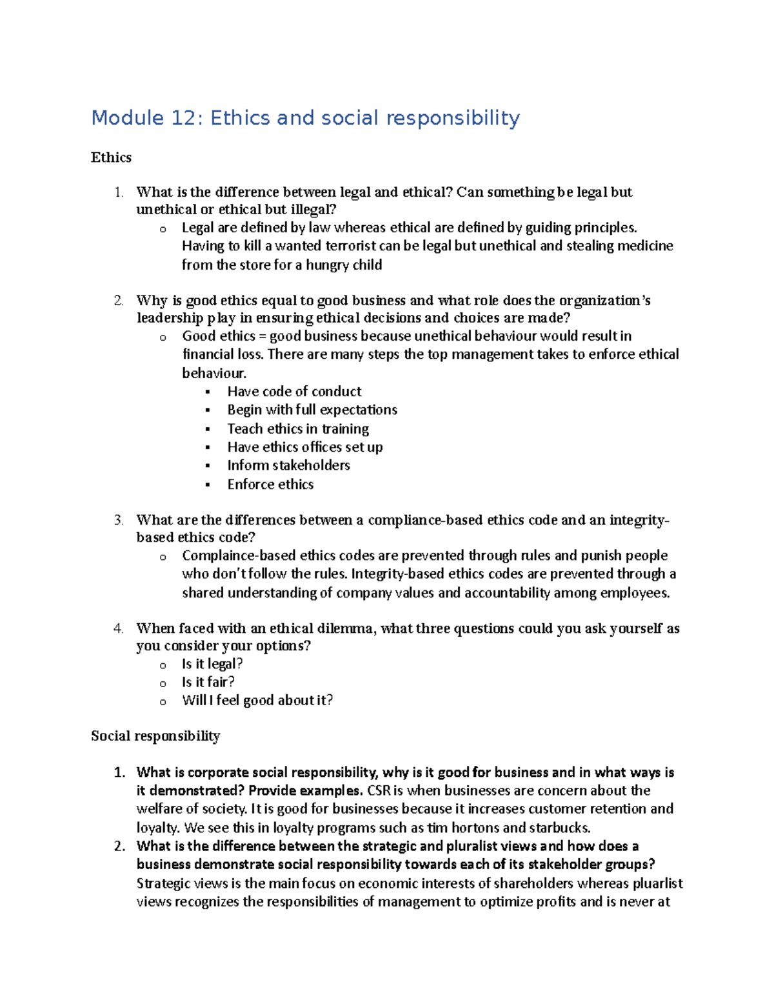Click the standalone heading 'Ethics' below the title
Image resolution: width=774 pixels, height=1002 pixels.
[x=111, y=157]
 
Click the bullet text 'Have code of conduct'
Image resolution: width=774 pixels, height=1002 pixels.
[x=294, y=392]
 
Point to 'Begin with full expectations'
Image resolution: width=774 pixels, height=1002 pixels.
[x=312, y=410]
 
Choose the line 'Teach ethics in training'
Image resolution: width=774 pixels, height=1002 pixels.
[x=298, y=428]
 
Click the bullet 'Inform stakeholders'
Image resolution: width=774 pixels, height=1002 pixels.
[x=288, y=465]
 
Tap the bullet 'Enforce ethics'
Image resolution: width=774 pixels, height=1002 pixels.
[x=270, y=484]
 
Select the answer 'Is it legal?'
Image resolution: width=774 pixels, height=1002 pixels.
[x=212, y=664]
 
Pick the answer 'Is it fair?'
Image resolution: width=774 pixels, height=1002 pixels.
[x=208, y=682]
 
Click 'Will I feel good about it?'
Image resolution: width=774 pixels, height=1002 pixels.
[x=257, y=700]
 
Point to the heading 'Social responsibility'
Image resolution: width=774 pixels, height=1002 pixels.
[x=155, y=736]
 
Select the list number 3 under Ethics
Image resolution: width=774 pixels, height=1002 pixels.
[x=117, y=520]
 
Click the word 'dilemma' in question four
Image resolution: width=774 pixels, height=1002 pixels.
[x=349, y=628]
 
